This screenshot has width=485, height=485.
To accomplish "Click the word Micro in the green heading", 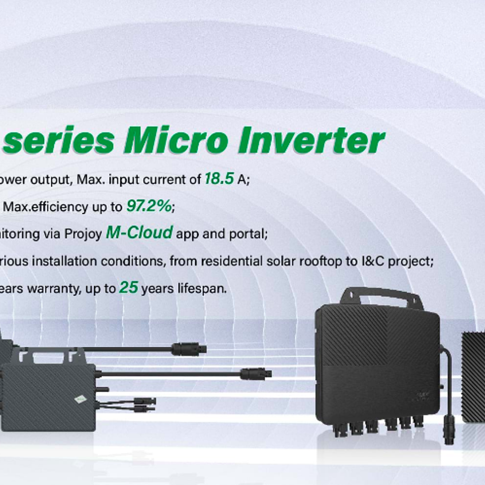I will coord(176,140).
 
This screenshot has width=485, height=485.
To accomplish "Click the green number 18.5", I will coord(219,178).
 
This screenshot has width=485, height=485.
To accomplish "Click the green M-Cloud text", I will coord(139,233).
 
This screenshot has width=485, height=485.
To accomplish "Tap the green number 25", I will coord(129,288).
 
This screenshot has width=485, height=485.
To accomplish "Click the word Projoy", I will coord(83,234).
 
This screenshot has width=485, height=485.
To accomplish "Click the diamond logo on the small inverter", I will coord(80,400).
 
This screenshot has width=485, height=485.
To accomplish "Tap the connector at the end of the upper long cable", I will coord(189,349).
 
